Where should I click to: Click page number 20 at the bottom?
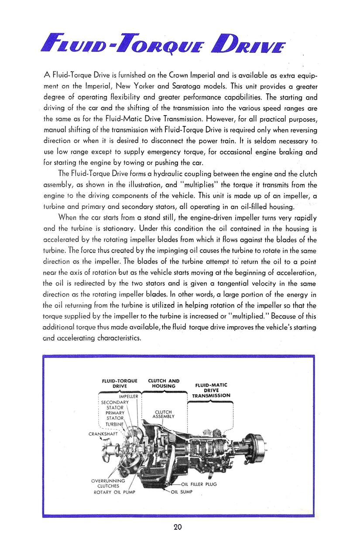(178, 527)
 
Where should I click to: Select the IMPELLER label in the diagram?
(129, 396)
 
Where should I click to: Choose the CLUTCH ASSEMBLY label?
(163, 414)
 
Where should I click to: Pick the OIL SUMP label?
(184, 492)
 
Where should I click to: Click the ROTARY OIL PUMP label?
(114, 492)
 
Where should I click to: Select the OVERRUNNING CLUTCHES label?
(108, 483)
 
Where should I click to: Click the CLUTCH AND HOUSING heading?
(164, 383)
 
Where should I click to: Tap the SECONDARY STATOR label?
(115, 405)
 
